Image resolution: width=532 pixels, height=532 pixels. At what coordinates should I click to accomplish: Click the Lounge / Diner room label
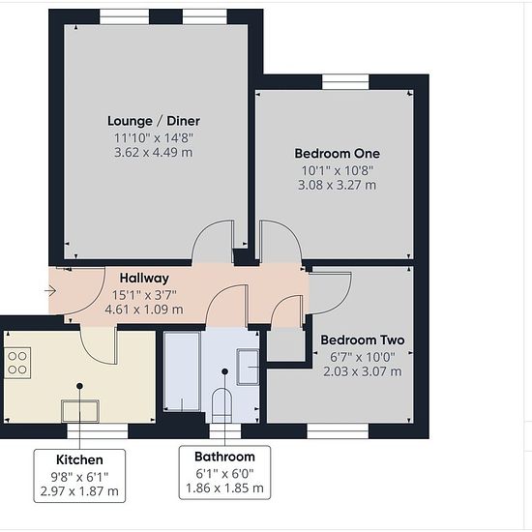[x=154, y=121]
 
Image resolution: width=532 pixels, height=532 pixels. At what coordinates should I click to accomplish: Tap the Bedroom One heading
[x=337, y=154]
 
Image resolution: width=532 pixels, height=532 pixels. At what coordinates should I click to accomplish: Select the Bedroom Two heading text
[x=363, y=340]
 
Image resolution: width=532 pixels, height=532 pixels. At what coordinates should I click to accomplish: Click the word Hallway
[x=144, y=279]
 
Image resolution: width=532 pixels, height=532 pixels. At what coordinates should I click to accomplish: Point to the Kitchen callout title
[x=79, y=459]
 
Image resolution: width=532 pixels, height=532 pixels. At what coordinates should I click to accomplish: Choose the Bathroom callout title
[x=224, y=457]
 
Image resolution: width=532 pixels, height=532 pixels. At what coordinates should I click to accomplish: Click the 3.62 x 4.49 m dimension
[x=154, y=152]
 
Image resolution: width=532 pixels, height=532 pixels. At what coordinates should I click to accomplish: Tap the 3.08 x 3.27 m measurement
[x=337, y=186]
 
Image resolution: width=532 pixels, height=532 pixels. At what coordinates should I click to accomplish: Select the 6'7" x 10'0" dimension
[x=363, y=357]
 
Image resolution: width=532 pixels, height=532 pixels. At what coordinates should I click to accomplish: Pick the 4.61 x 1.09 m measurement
[x=144, y=310]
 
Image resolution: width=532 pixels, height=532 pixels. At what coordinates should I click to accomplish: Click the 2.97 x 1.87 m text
[x=79, y=491]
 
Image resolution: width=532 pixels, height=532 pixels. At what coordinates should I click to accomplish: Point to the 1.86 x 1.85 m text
[x=224, y=488]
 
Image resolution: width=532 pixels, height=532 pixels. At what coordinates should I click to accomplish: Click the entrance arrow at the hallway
[x=50, y=291]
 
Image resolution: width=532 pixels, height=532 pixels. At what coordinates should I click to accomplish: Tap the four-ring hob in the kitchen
[x=17, y=363]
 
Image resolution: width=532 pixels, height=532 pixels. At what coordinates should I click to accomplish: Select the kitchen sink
[x=80, y=411]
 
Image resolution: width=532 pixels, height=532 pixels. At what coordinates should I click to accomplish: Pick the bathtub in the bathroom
[x=182, y=371]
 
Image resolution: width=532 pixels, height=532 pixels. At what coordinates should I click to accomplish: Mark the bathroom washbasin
[x=248, y=367]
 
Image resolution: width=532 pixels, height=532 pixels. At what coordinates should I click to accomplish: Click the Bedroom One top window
[x=345, y=82]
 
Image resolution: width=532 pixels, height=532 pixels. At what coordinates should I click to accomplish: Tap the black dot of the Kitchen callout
[x=79, y=386]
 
